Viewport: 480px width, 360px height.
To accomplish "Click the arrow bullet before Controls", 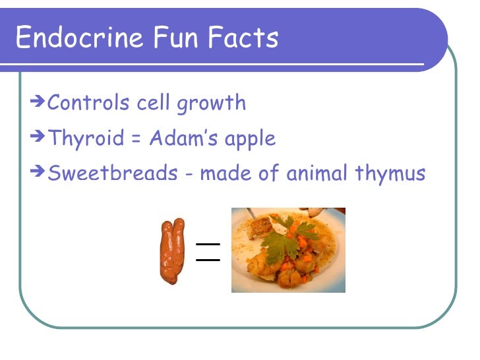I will [38, 102].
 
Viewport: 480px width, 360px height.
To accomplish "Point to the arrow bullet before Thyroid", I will [38, 137].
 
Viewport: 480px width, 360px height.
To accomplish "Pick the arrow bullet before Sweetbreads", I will [38, 172].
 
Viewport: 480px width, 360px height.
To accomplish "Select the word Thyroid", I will [86, 139].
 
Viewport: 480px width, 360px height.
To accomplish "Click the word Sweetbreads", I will [113, 173].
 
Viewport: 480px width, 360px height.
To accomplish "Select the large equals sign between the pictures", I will [207, 251].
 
